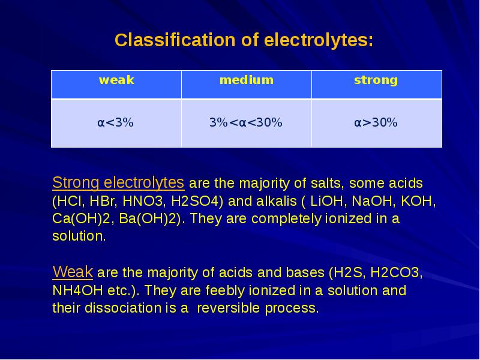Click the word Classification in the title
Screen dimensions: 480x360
click(x=175, y=40)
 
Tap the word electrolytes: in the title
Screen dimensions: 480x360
click(x=319, y=40)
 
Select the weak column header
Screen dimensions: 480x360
click(x=116, y=80)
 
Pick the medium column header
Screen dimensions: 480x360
click(x=247, y=80)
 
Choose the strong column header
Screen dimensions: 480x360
click(x=376, y=80)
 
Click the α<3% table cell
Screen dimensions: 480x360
click(x=115, y=122)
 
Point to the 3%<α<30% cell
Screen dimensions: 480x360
click(x=246, y=122)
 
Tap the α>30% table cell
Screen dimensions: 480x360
click(x=376, y=122)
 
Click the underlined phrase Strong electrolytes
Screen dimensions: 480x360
click(x=118, y=183)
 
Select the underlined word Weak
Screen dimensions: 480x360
click(x=73, y=272)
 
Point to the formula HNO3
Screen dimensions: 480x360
click(x=144, y=201)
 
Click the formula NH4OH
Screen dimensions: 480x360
click(x=78, y=290)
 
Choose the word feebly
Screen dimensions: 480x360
click(x=225, y=290)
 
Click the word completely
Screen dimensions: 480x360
click(x=286, y=219)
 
